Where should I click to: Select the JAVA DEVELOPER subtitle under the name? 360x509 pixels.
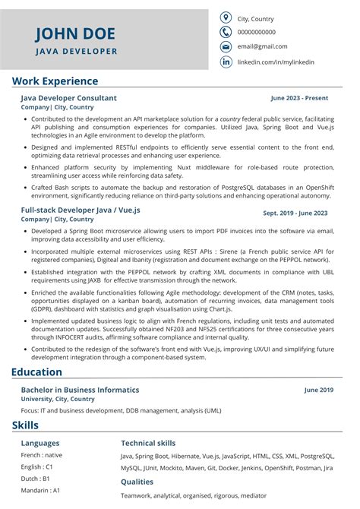pos(76,52)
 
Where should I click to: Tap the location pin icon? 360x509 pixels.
pos(226,18)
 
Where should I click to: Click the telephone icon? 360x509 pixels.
pos(226,33)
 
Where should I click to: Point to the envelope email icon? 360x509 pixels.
pos(226,47)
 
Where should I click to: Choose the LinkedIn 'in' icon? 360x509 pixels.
pos(226,62)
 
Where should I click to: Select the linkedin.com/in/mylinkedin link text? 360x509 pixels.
pos(276,62)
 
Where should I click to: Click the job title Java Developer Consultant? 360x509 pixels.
pos(69,98)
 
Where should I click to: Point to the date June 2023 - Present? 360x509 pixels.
pos(299,98)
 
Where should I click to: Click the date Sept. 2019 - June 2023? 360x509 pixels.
pos(295,213)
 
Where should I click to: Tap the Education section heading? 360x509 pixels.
pos(36,372)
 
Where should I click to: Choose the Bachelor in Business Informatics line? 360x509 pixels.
pos(81,390)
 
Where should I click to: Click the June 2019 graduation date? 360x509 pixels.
pos(318,390)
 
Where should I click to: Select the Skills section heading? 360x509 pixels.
pos(25,425)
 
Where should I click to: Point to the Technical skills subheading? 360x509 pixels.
pos(148,443)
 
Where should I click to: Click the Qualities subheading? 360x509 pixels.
pos(137,482)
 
